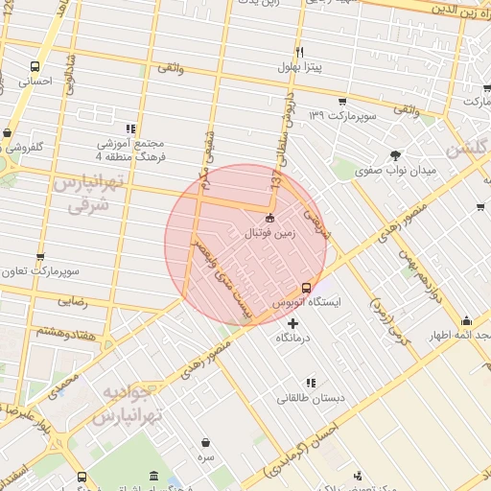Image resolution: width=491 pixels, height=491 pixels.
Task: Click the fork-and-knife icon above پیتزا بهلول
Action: (299, 52)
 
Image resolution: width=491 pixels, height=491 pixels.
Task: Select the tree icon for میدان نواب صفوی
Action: (394, 154)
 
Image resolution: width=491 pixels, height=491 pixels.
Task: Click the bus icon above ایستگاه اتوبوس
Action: (306, 287)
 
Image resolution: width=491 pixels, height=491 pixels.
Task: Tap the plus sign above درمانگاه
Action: (292, 323)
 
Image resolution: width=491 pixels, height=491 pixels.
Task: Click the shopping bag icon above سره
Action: (206, 443)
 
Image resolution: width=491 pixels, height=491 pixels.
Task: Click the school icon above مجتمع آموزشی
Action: (131, 128)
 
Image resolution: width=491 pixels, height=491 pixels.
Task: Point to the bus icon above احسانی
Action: (35, 67)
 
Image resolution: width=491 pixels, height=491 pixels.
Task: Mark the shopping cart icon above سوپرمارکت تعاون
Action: (39, 257)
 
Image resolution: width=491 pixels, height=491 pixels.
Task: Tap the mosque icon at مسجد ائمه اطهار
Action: (467, 320)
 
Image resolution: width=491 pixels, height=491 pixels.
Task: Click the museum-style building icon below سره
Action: (154, 477)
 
